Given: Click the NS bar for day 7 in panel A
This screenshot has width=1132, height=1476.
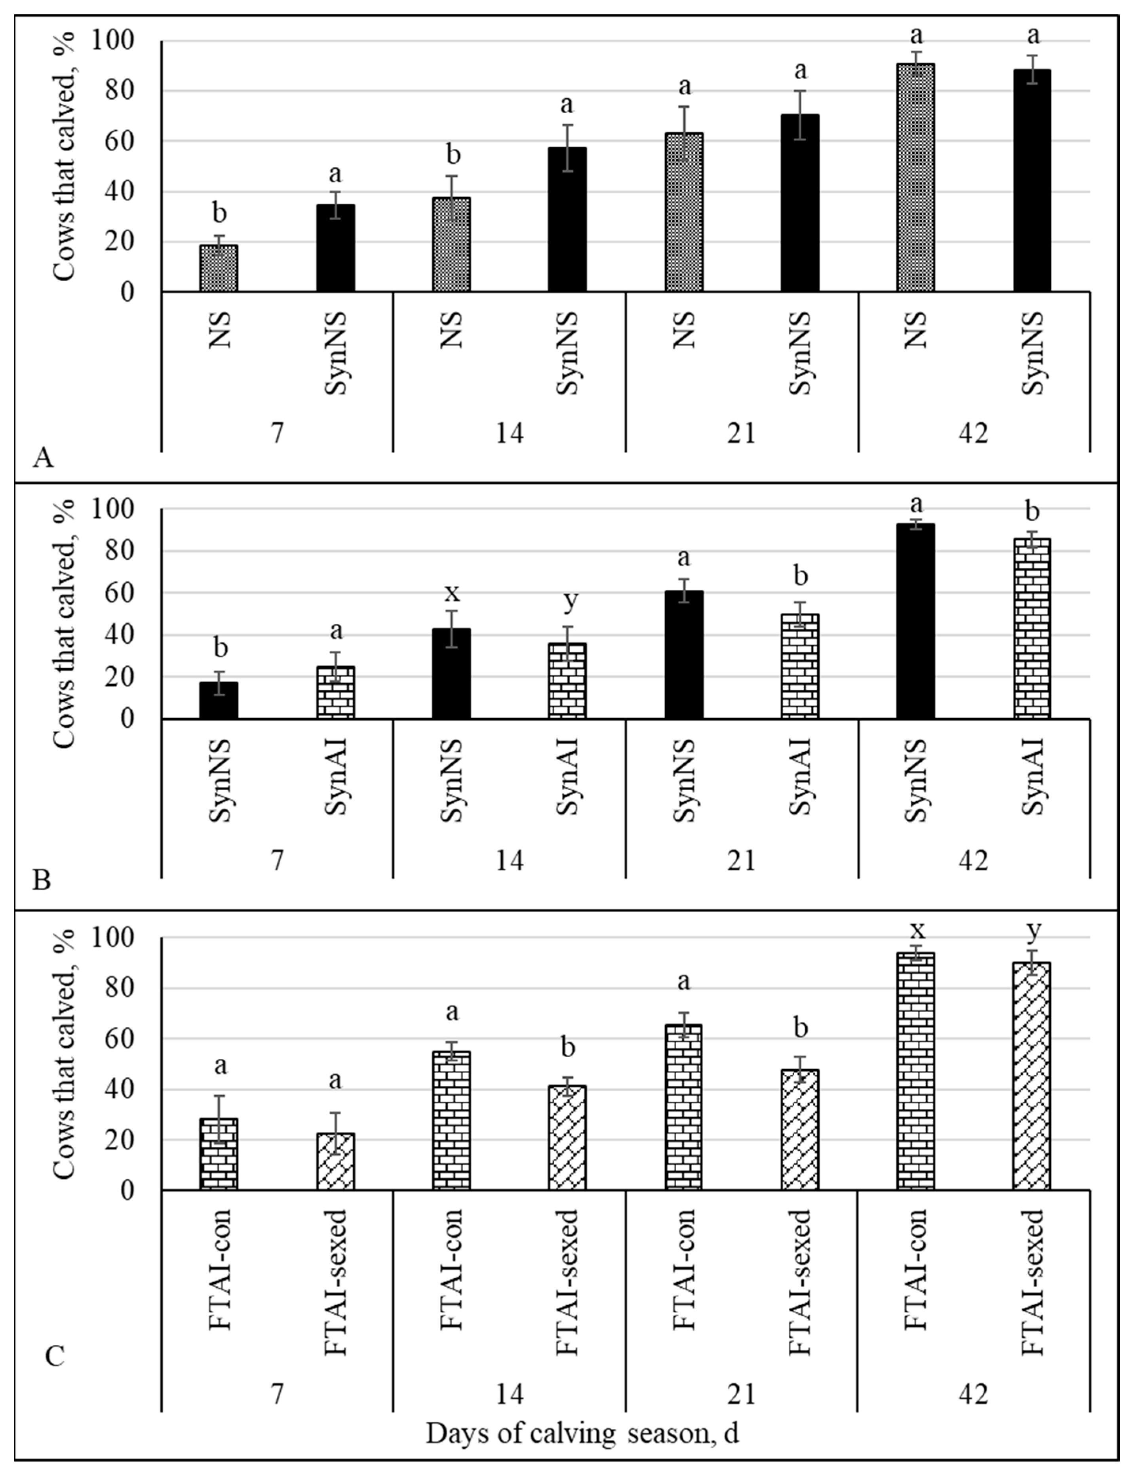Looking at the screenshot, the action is pyautogui.click(x=218, y=268).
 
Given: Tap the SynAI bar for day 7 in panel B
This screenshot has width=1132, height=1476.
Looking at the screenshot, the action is pyautogui.click(x=335, y=692).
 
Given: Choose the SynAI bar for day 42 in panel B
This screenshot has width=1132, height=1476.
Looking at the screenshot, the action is pyautogui.click(x=1031, y=628).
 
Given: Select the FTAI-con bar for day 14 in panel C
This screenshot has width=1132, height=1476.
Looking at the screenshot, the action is pyautogui.click(x=451, y=1120).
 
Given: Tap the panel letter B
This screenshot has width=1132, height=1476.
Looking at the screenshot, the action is pyautogui.click(x=42, y=880).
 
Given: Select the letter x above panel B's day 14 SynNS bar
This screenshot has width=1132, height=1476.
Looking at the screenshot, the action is pyautogui.click(x=451, y=593).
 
